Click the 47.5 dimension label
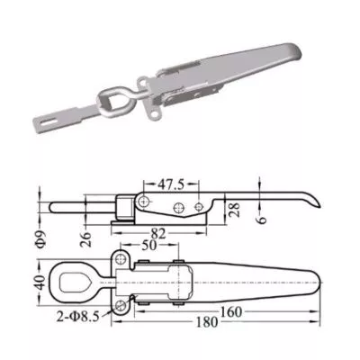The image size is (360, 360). point(170,185)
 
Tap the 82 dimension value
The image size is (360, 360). point(158,234)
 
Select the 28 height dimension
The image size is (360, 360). point(235,210)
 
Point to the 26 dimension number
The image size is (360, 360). point(86,239)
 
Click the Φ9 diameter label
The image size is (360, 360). point(42,239)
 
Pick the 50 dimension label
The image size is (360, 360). point(149,246)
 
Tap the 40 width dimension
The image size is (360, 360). point(41,283)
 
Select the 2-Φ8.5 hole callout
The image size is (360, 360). point(77,317)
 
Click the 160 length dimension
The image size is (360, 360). point(230,312)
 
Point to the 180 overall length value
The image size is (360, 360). point(207,322)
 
